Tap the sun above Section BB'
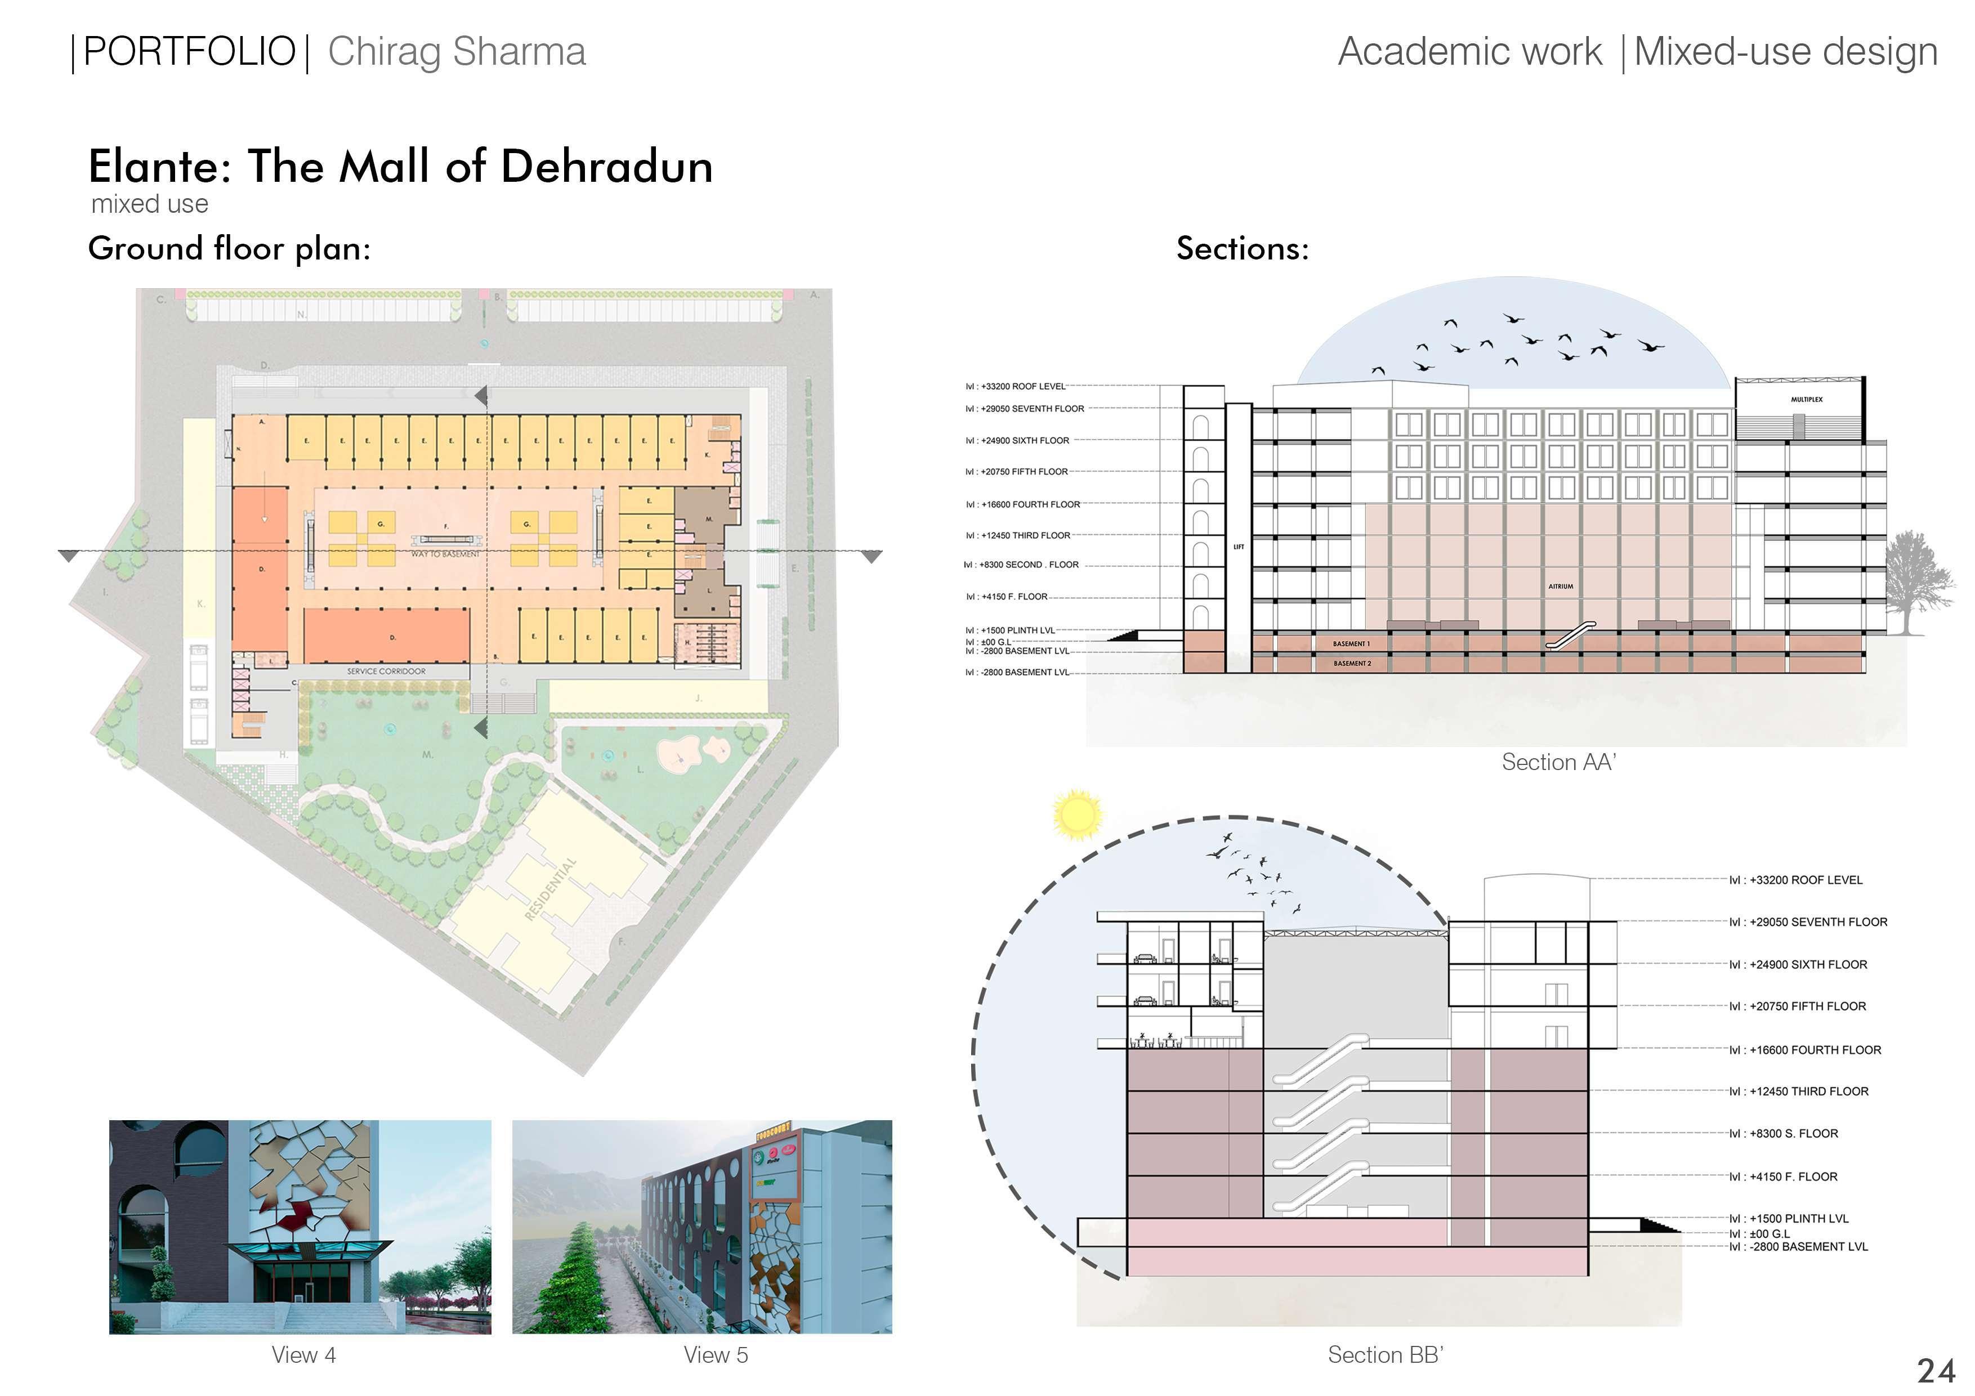pos(1076,814)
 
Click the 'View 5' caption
pos(716,1355)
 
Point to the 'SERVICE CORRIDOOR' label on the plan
pos(386,671)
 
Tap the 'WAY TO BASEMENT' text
pos(445,554)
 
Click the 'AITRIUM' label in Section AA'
pos(1561,587)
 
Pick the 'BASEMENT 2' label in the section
pos(1352,663)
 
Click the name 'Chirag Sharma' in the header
pos(457,52)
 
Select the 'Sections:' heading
pos(1242,249)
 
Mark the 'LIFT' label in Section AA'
pos(1239,547)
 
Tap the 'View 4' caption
pos(303,1355)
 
